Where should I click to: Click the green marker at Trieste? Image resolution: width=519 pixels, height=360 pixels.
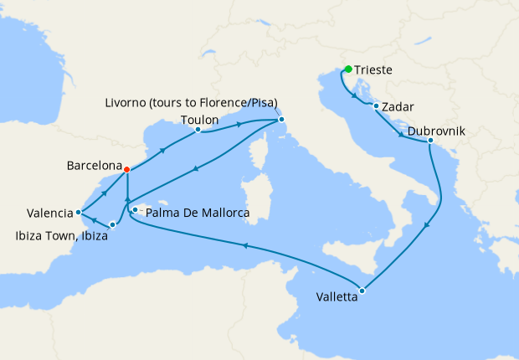347,69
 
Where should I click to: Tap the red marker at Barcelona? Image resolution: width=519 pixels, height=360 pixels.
126,169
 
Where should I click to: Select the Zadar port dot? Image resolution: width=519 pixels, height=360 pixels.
375,105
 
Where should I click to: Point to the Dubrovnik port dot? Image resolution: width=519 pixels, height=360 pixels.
429,141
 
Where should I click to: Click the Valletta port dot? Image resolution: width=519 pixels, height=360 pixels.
362,291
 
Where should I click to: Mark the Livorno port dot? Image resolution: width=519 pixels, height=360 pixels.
282,120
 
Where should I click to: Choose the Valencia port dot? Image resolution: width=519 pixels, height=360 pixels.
78,212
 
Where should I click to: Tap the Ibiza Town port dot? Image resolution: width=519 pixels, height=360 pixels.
112,224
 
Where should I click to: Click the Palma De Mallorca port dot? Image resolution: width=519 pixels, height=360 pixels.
135,209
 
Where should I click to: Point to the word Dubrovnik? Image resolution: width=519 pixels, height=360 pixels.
436,131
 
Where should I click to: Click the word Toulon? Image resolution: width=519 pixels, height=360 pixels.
199,119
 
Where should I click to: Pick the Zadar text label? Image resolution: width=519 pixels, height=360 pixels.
398,107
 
